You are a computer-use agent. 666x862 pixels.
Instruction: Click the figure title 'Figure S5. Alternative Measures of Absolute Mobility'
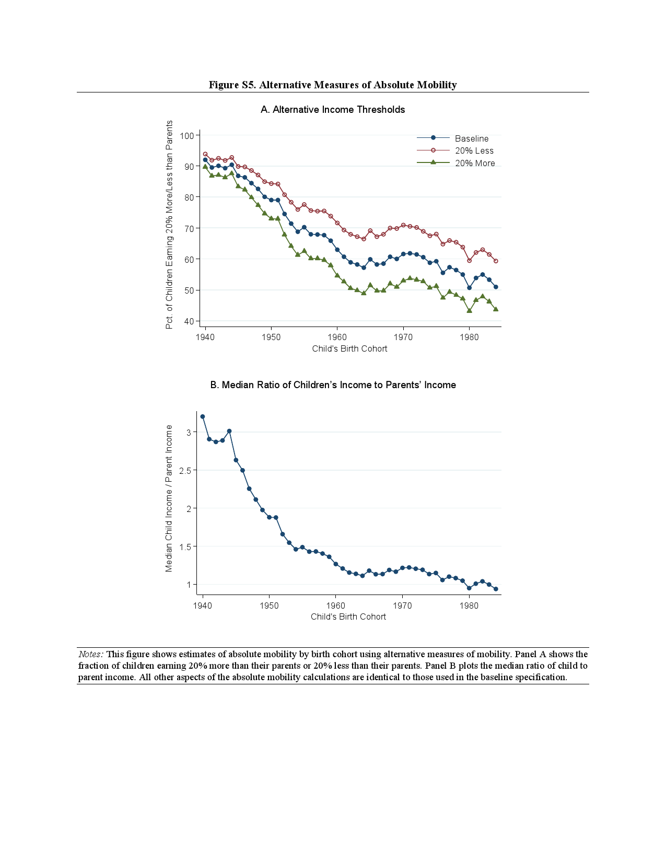tap(333, 85)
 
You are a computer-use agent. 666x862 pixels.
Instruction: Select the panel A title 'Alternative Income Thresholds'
tap(333, 110)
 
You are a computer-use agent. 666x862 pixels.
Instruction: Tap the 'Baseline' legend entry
tap(471, 138)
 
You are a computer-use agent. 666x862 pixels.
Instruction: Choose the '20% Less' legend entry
tap(474, 151)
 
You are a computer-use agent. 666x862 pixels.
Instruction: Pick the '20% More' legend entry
tap(474, 164)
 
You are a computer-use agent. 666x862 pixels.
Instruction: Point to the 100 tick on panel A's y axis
tap(187, 136)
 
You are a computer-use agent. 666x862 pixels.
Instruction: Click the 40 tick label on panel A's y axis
tap(189, 321)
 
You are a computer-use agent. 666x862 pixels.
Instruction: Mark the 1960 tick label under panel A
tap(337, 337)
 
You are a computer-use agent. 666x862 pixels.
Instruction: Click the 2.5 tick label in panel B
tap(185, 470)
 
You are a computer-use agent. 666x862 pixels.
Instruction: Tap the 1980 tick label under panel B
tap(469, 606)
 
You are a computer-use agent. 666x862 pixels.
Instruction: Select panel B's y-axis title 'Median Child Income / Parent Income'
tap(169, 498)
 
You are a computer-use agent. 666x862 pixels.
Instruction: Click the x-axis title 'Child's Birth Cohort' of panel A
tap(349, 349)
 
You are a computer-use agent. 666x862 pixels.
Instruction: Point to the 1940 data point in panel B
tap(203, 416)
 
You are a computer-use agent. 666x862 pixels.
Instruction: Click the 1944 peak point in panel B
tap(229, 431)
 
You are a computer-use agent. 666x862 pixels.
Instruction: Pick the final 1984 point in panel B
tap(496, 589)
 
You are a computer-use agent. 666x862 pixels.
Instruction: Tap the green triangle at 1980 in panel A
tap(470, 310)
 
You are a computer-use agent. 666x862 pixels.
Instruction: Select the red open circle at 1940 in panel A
tap(205, 155)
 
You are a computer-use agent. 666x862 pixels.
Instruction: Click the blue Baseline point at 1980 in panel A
tap(470, 287)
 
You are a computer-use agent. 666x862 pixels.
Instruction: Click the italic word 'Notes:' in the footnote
tap(91, 654)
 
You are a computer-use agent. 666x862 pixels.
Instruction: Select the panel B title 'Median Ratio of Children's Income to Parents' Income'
tap(333, 385)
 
